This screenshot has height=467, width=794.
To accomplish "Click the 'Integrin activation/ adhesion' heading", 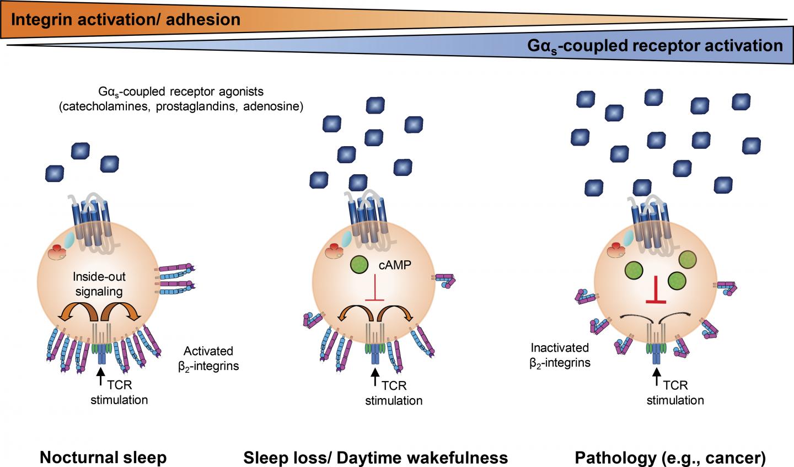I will pyautogui.click(x=126, y=20).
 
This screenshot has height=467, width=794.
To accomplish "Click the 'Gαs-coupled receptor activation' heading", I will pyautogui.click(x=654, y=45).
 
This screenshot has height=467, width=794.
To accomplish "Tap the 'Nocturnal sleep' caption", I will pyautogui.click(x=104, y=457).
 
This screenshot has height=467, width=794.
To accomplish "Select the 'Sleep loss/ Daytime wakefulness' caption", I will pyautogui.click(x=375, y=457).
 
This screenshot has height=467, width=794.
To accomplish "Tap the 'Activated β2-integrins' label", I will pyautogui.click(x=208, y=358).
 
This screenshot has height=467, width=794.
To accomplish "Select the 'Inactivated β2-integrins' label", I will pyautogui.click(x=560, y=355).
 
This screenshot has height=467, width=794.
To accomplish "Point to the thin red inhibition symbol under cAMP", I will pyautogui.click(x=375, y=290).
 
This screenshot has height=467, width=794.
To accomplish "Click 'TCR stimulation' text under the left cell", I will pyautogui.click(x=120, y=393).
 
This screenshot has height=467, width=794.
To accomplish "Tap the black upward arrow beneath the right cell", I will pyautogui.click(x=656, y=378).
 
